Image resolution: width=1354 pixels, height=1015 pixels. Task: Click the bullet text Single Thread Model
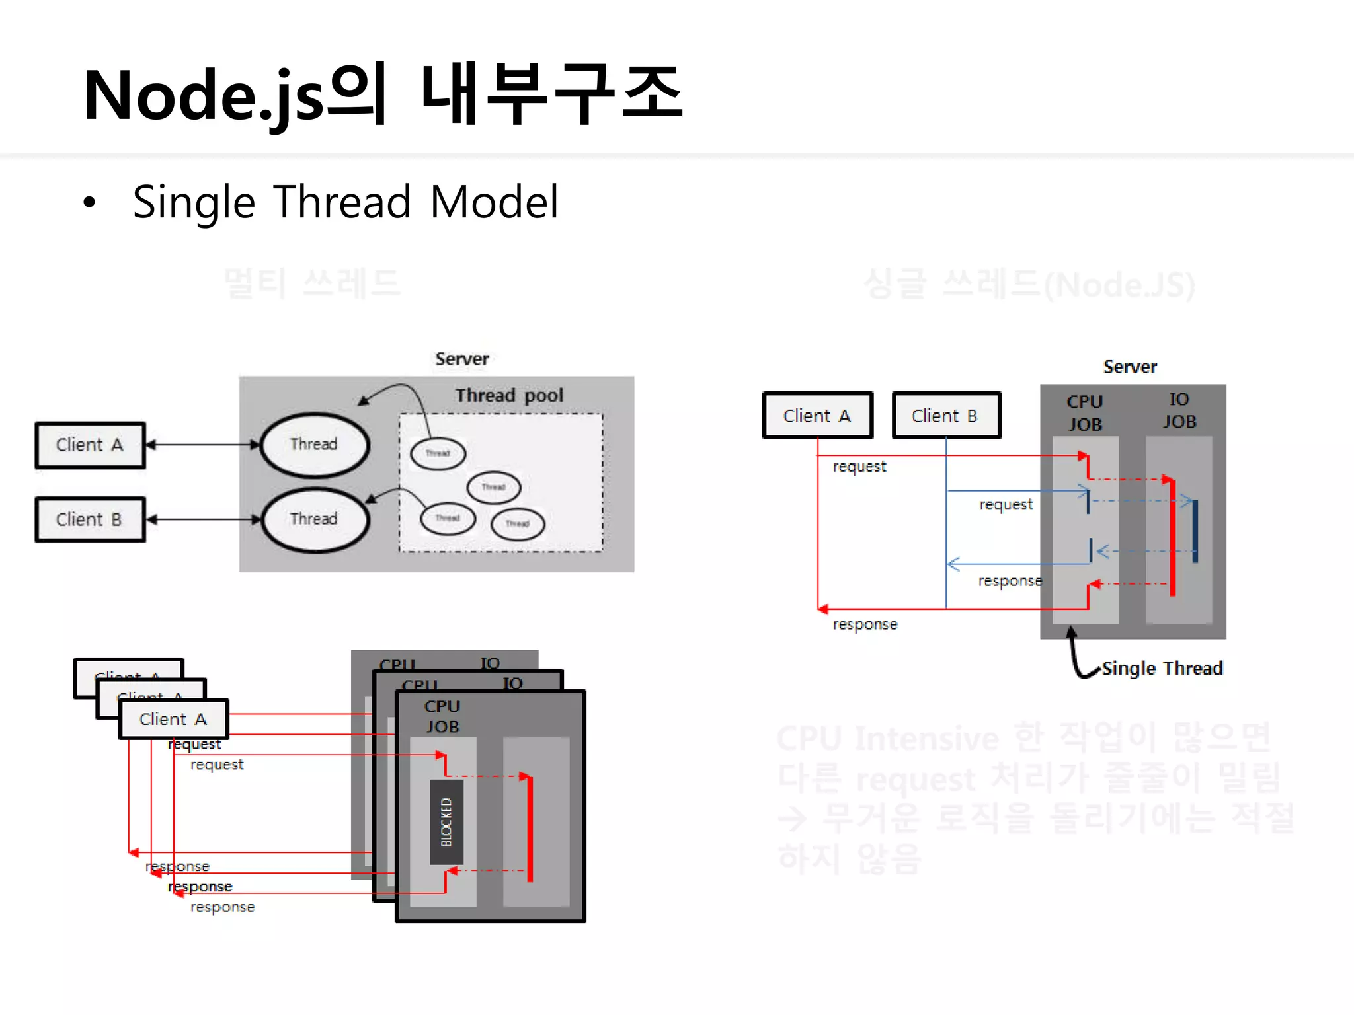click(345, 202)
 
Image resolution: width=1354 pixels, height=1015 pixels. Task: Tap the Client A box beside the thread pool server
click(90, 445)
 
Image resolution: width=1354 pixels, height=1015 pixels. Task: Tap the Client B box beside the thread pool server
click(90, 519)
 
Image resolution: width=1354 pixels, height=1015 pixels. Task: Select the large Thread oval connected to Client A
click(314, 445)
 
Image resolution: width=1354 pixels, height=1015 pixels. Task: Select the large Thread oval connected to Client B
click(314, 519)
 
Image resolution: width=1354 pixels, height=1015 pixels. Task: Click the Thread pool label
click(509, 395)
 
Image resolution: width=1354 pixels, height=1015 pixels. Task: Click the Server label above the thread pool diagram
click(461, 359)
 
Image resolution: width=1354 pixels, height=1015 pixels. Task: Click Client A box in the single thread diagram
click(817, 416)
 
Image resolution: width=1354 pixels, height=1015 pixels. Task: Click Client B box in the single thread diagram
click(945, 416)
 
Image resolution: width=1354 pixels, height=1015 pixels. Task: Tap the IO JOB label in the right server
click(1179, 410)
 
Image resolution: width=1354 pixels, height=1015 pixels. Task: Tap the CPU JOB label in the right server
click(1085, 413)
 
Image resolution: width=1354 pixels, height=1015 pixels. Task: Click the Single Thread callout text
click(1162, 668)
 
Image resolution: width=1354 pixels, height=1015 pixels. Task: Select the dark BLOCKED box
click(446, 821)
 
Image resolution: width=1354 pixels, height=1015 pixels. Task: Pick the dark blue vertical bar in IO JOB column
click(1195, 531)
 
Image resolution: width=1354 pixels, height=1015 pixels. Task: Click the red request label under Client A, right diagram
click(859, 467)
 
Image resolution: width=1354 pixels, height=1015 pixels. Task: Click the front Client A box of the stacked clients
click(173, 719)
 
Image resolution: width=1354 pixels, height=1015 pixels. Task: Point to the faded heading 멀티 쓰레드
click(312, 283)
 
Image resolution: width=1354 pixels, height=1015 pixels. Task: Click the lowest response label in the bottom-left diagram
click(222, 907)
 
